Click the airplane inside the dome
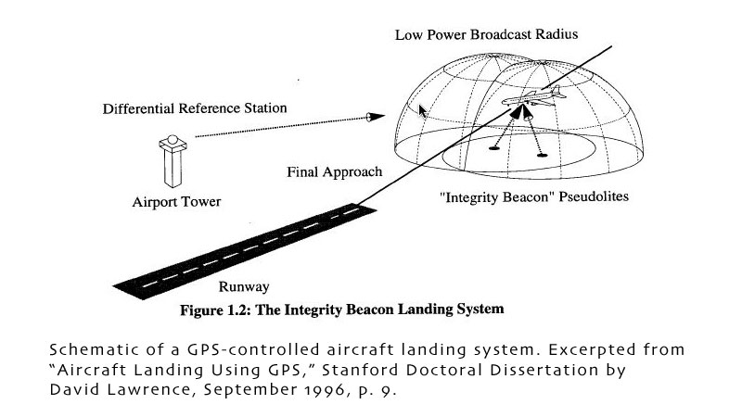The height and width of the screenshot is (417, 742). coord(535,97)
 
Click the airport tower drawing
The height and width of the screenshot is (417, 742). coord(173,161)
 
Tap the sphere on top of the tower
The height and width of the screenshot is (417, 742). coord(173,140)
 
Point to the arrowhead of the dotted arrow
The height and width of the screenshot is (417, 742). coord(376,117)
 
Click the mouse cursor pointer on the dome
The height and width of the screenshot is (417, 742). coord(423,112)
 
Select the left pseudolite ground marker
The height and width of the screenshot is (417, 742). coord(494,148)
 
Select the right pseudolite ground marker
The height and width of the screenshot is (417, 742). coord(542,155)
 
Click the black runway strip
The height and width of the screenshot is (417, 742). coord(245,251)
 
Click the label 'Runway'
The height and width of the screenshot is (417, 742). coord(244,286)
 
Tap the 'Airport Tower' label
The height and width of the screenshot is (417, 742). coord(176,202)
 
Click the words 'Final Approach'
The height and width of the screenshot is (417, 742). coord(335,171)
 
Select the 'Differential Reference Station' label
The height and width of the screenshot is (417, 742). coord(195,108)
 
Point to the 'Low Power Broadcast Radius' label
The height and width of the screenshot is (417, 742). coord(486,34)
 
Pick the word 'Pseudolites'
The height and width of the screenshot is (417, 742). coord(594,196)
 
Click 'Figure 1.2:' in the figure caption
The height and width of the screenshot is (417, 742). coord(215,310)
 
